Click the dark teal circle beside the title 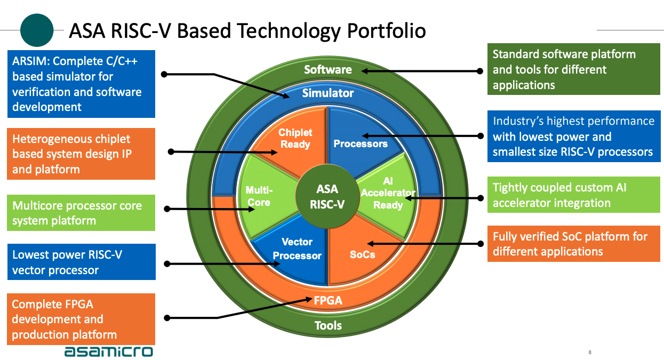37,30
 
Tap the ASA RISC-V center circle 327,196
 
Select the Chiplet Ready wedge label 295,138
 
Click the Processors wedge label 361,143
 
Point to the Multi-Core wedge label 259,196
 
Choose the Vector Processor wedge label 297,249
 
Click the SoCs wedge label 362,254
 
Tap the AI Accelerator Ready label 388,193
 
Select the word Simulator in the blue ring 328,93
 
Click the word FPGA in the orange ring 328,300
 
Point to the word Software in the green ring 328,69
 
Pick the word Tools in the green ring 328,326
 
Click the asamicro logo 108,351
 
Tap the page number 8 590,353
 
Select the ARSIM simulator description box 81,84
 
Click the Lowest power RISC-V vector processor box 82,262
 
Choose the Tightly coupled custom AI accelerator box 574,195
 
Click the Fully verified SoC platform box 574,244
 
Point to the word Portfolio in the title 386,31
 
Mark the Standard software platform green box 574,69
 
